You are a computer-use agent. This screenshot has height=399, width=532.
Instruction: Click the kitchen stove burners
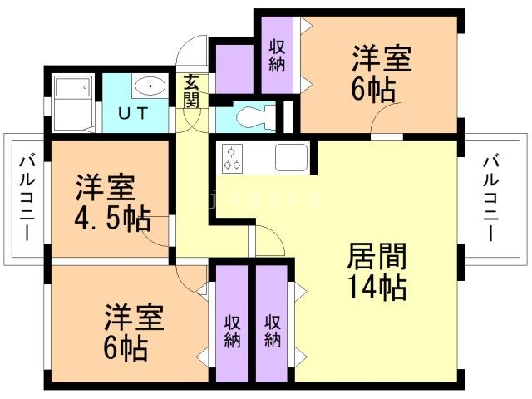pos(232,157)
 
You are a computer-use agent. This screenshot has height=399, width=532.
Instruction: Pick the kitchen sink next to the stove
pos(291,156)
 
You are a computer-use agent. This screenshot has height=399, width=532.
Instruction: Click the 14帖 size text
pos(376,287)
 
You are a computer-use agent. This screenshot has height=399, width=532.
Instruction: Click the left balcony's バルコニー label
pos(25,199)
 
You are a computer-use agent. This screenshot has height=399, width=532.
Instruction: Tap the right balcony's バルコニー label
pos(490,197)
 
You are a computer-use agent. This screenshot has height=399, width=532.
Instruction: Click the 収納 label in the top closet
pos(277,55)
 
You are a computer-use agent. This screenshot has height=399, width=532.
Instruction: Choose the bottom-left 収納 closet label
pos(232,330)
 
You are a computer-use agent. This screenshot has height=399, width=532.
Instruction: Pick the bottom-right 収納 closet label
pos(273,330)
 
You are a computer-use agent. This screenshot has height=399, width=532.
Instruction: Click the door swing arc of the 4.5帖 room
pos(153,236)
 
